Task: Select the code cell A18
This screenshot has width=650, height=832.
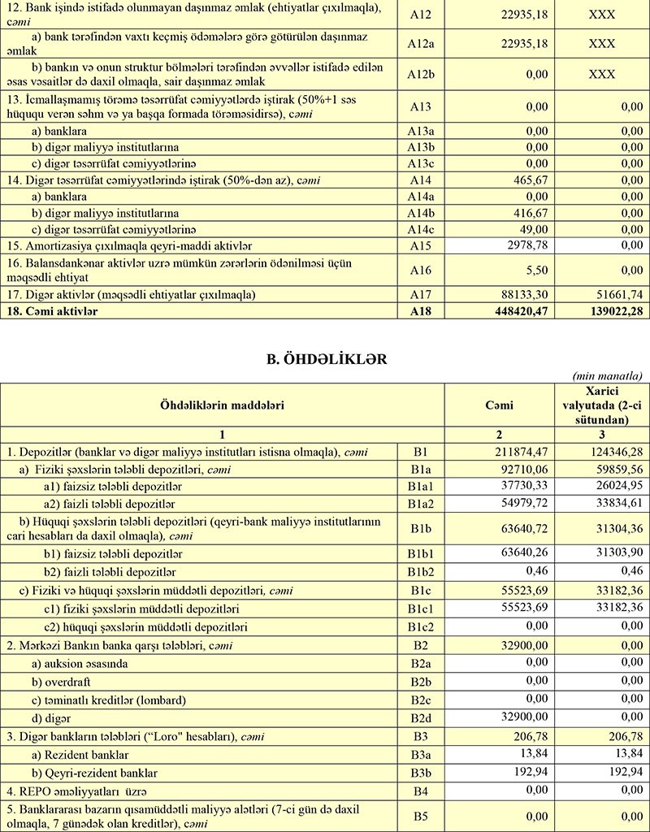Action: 420,310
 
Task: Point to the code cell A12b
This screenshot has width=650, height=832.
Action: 420,74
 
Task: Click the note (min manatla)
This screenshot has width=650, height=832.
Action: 608,375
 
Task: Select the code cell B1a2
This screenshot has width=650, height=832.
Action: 420,503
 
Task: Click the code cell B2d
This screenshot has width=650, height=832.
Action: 420,719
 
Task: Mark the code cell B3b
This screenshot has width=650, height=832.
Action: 420,771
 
